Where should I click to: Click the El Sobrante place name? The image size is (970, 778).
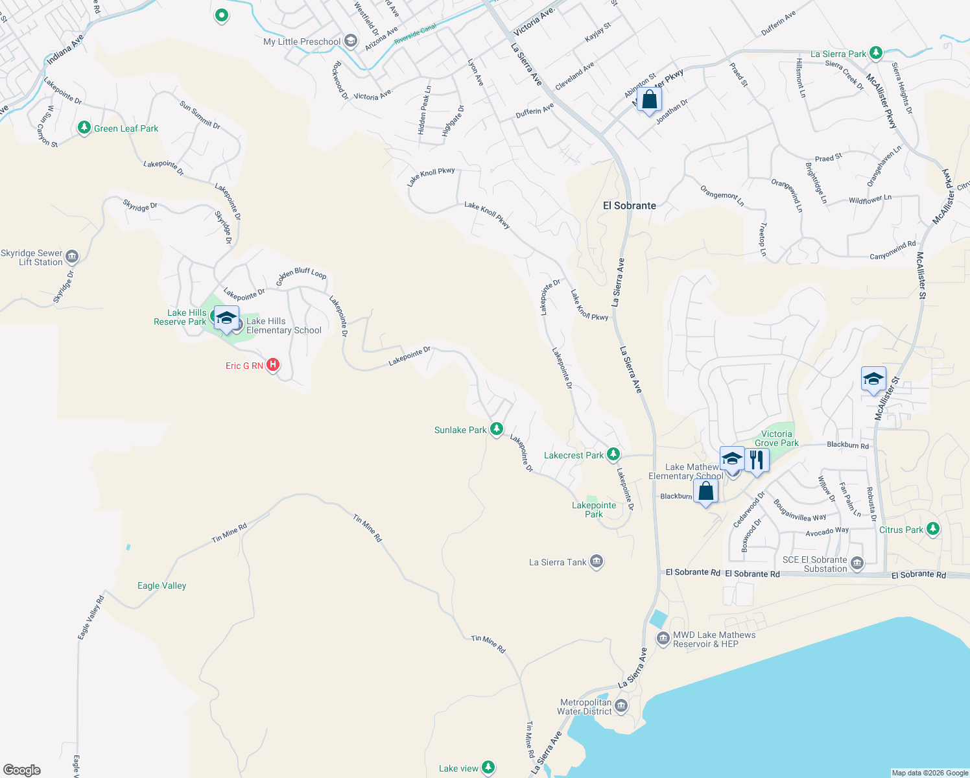click(629, 206)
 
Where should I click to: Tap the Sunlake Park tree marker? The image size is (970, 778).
click(497, 429)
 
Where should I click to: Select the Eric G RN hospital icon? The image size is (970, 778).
click(273, 365)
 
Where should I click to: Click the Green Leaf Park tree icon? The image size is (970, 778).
click(84, 127)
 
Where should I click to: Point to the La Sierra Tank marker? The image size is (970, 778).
click(597, 561)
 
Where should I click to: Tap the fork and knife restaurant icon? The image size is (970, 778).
click(756, 460)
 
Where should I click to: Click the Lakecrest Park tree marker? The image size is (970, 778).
click(613, 454)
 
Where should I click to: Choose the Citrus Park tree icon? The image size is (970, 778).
click(932, 529)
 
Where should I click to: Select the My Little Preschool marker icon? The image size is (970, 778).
click(351, 41)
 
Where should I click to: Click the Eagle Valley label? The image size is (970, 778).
click(161, 585)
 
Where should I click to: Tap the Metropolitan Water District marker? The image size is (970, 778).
click(621, 705)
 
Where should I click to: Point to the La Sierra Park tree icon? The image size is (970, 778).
click(876, 53)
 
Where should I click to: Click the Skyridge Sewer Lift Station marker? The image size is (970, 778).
click(72, 257)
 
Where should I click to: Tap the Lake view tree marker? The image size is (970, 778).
click(488, 768)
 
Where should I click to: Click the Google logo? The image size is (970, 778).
click(22, 770)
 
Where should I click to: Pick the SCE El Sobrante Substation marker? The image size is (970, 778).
click(857, 563)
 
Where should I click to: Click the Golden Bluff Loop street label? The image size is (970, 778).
click(302, 276)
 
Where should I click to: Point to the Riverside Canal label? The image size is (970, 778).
click(415, 33)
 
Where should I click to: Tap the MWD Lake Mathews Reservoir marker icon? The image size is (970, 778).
click(663, 639)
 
